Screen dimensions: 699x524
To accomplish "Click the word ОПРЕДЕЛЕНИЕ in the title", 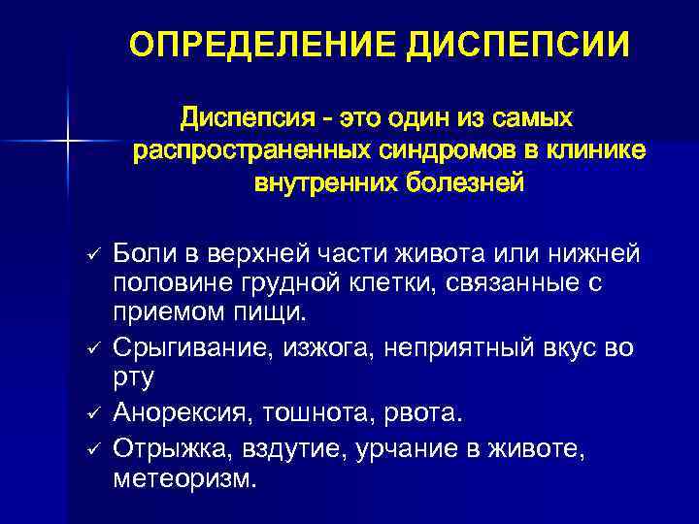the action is click(x=262, y=45).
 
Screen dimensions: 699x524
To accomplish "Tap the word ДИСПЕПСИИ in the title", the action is click(x=518, y=46).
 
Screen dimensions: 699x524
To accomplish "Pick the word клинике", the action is click(x=595, y=150).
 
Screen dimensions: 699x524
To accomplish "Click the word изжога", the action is click(x=328, y=348).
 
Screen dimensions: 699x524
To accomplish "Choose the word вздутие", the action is click(x=295, y=448).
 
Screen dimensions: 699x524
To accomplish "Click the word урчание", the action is click(x=407, y=448).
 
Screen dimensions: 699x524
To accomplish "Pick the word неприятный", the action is click(x=458, y=348).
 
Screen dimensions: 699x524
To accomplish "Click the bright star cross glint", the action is click(x=68, y=141).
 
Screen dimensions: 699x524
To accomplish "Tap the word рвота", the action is click(x=423, y=413).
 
